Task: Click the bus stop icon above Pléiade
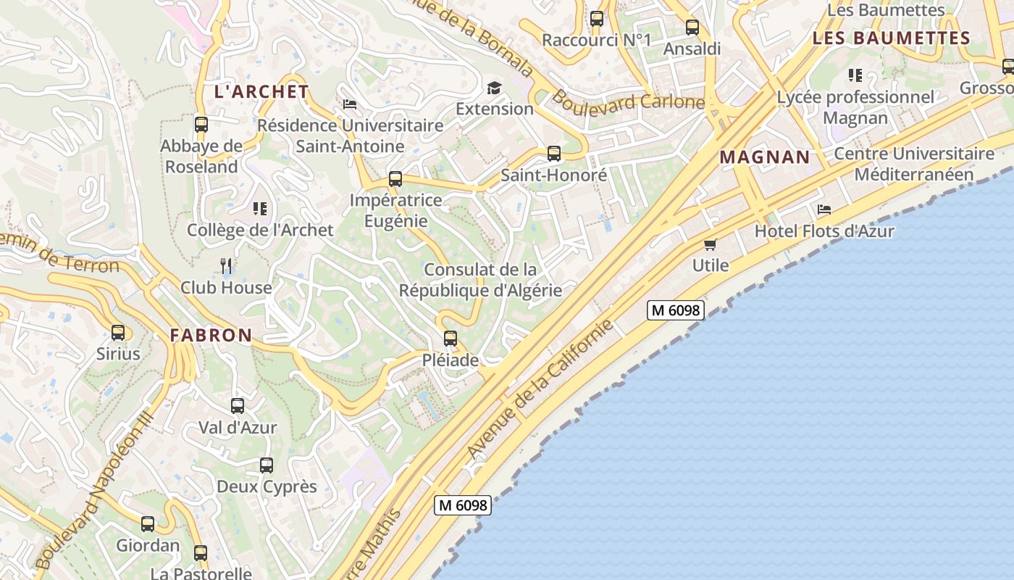[x=451, y=338]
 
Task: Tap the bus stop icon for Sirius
[x=118, y=333]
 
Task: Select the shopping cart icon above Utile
[x=711, y=244]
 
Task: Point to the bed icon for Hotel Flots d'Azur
[x=824, y=210]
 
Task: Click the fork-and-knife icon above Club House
[x=227, y=266]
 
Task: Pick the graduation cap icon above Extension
[x=494, y=88]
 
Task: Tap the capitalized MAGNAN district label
[x=765, y=157]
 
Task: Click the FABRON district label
[x=211, y=335]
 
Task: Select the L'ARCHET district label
[x=261, y=92]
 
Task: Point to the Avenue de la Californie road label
[x=540, y=389]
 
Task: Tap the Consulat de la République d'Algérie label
[x=480, y=280]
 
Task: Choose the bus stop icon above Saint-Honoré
[x=554, y=154]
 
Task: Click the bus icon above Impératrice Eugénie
[x=395, y=178]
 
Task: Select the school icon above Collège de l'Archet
[x=259, y=210]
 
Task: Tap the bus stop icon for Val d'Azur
[x=238, y=406]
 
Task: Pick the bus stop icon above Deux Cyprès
[x=267, y=465]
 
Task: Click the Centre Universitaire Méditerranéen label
[x=914, y=164]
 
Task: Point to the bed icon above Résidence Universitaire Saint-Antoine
[x=350, y=104]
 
